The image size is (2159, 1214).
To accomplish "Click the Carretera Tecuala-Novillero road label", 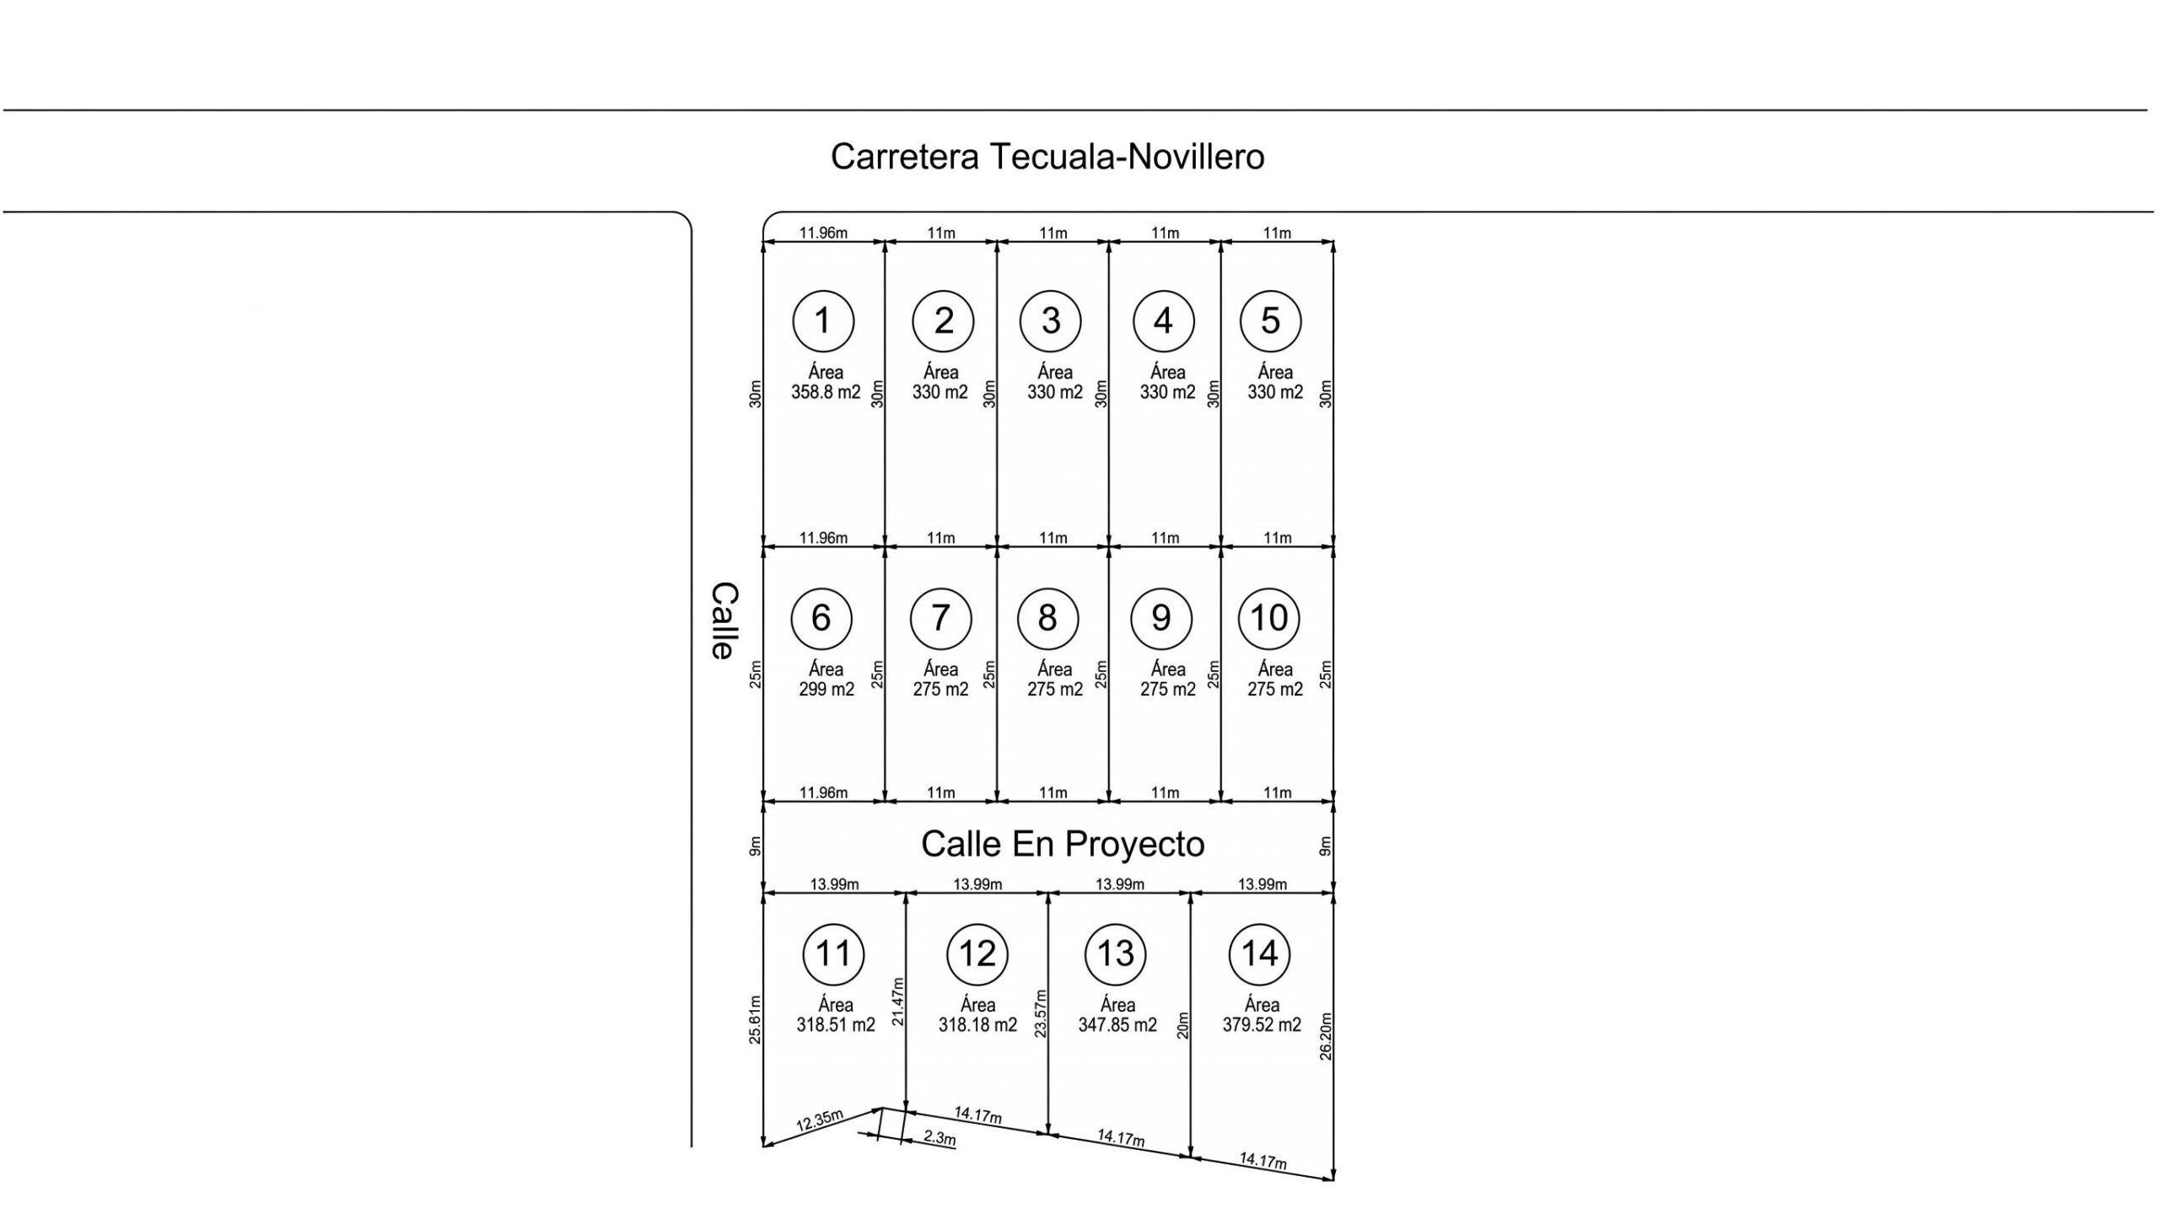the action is (1047, 157).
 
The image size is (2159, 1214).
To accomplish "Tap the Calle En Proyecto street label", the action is (1063, 844).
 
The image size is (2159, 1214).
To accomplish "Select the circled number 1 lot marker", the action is (823, 320).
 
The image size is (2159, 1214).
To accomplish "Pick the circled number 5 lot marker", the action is (1270, 320).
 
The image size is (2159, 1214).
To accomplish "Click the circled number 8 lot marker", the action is (1047, 618).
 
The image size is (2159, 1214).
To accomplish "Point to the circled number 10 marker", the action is (1268, 618).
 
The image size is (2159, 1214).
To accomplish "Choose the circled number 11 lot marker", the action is (833, 954).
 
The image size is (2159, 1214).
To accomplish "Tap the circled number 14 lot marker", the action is (1260, 954).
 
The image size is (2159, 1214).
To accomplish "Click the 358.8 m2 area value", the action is (826, 392).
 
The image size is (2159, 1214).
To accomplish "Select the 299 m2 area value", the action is (826, 690).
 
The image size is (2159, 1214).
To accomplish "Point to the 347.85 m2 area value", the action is (1117, 1025).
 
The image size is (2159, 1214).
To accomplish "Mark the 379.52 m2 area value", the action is (1262, 1025).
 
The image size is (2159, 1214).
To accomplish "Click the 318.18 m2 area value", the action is (977, 1025).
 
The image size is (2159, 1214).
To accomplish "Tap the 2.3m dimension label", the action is (940, 1137).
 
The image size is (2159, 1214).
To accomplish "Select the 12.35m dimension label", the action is (820, 1120).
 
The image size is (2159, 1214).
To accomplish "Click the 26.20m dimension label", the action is (1326, 1036).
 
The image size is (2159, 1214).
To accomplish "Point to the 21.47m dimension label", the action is (897, 1001).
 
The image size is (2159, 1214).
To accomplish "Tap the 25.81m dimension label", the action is (755, 1020).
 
